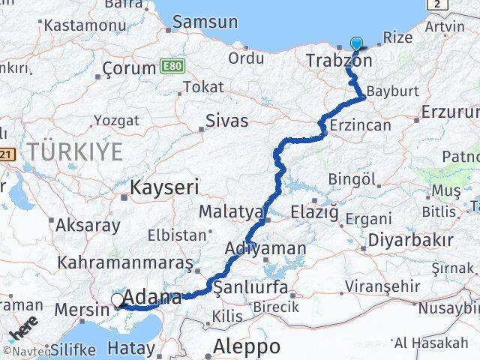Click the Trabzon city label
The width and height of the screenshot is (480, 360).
[x=339, y=59]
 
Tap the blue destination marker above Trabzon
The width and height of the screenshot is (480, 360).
[x=355, y=44]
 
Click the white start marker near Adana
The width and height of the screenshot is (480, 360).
[x=118, y=301]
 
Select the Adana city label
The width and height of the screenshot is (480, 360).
[x=152, y=297]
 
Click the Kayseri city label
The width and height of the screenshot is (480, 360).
[x=163, y=187]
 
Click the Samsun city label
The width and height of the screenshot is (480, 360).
[x=205, y=22]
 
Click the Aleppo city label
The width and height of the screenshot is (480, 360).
[x=247, y=346]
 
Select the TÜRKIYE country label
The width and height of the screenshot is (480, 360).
[x=75, y=151]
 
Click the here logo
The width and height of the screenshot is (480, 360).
[x=23, y=330]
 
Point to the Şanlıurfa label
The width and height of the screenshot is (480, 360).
[x=250, y=287]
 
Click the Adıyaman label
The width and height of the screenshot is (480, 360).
[x=265, y=248]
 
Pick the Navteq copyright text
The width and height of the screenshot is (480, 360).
[x=26, y=351]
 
